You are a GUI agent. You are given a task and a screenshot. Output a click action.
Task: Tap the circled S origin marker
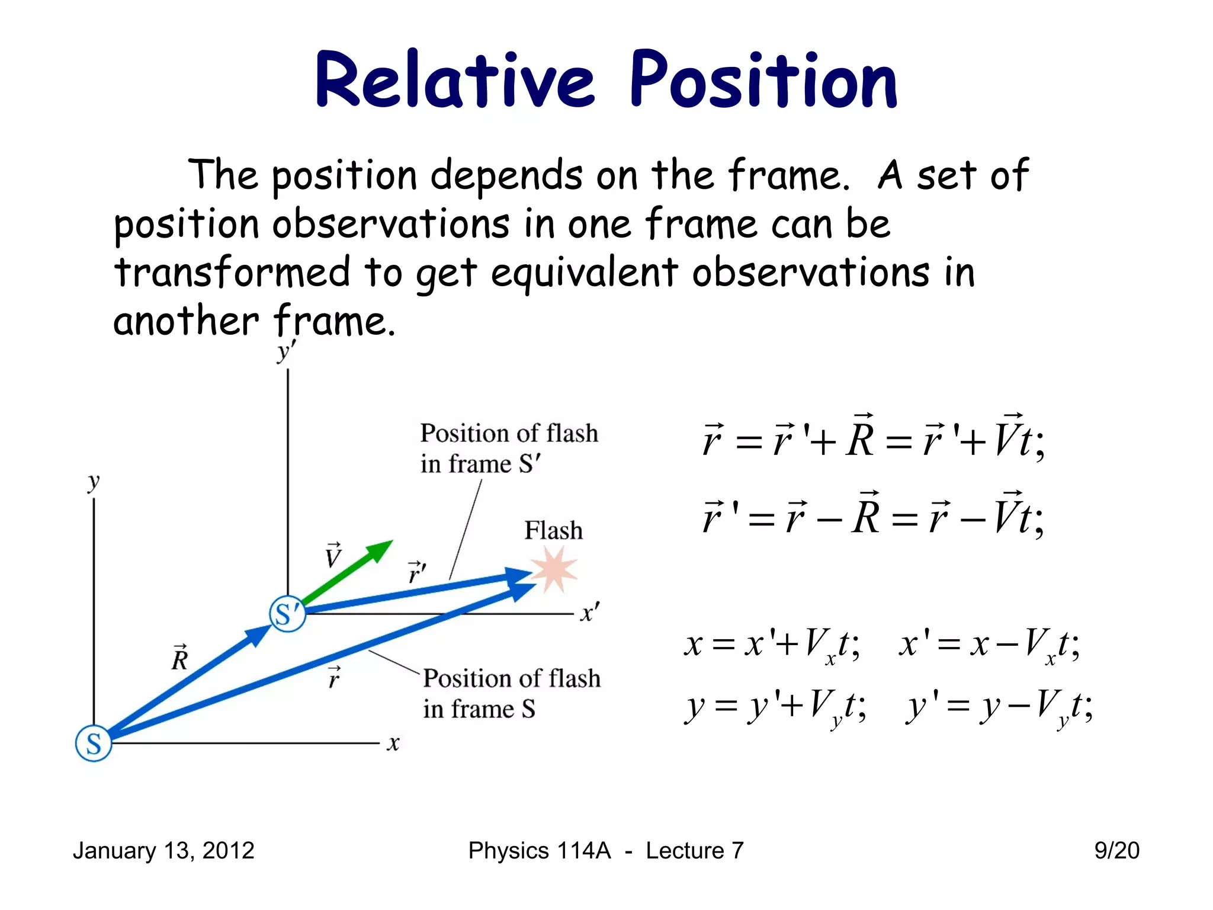tap(94, 743)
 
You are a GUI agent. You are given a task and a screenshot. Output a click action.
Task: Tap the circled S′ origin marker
tap(288, 614)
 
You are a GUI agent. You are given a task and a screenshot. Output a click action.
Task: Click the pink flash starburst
tap(554, 569)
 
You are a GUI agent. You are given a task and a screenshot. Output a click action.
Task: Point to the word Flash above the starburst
tap(553, 530)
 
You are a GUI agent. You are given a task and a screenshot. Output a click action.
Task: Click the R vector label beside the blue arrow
tap(179, 658)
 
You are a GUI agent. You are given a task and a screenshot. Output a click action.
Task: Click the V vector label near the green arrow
tap(333, 556)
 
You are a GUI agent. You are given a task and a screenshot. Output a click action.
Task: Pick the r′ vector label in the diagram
tap(417, 572)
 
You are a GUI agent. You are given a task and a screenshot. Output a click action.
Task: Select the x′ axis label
tap(590, 612)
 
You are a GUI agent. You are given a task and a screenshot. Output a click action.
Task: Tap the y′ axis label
tap(286, 351)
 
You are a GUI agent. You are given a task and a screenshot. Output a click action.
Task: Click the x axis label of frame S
tap(393, 743)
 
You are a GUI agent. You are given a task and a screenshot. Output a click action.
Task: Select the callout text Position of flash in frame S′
tap(509, 448)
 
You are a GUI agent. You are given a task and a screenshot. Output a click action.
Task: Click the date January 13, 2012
tap(163, 851)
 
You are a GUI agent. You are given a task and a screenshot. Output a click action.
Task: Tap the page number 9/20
tap(1116, 851)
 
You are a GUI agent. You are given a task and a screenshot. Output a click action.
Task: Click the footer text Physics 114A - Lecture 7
tap(605, 851)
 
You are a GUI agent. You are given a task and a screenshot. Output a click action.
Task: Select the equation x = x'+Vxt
tap(772, 645)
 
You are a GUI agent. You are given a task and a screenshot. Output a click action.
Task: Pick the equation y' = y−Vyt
tap(999, 707)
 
